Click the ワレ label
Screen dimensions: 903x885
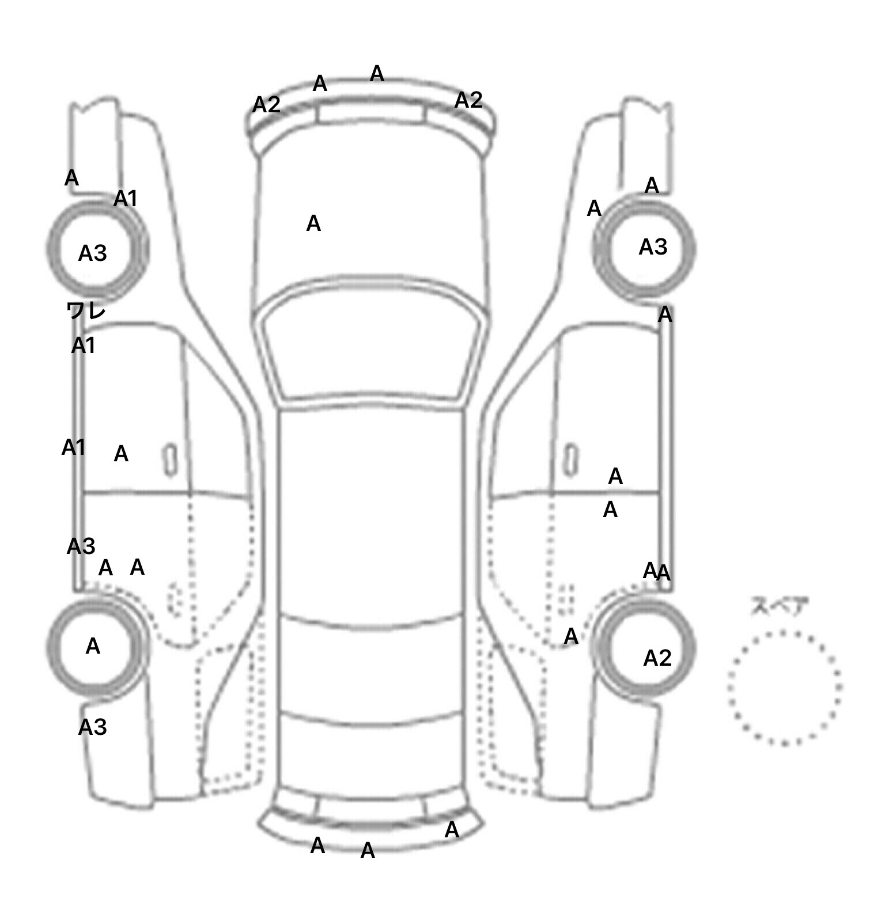pos(86,311)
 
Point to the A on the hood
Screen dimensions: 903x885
pos(313,223)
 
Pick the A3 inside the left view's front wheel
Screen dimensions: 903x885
pos(93,253)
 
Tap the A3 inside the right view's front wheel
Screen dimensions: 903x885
pos(653,247)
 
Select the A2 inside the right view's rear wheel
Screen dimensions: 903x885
pos(657,658)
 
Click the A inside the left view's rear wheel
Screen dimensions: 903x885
pos(93,647)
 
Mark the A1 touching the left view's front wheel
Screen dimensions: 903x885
pos(126,199)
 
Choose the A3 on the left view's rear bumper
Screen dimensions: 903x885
pos(93,727)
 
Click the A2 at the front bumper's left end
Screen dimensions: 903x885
pos(267,105)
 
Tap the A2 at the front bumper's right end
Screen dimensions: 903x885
pos(468,101)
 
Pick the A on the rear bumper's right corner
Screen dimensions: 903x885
pos(452,830)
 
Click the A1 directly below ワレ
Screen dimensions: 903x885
pos(84,346)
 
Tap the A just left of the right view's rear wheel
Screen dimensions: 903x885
pos(571,636)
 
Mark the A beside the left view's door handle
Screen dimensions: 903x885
pos(121,454)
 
